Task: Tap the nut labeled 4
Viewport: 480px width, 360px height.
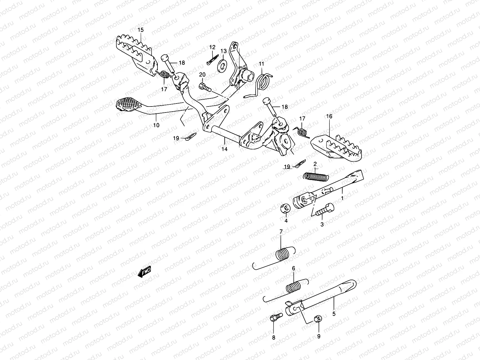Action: pos(285,208)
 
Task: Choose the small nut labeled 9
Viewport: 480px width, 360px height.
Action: pos(319,318)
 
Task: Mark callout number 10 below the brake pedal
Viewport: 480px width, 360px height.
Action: pos(157,125)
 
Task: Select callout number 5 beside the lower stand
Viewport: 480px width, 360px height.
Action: pos(334,314)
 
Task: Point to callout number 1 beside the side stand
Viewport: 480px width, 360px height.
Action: pos(342,198)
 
